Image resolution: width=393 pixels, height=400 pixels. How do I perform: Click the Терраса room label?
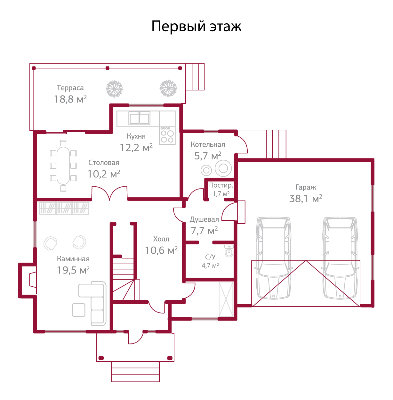70,88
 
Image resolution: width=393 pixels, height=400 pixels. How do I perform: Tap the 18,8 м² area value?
70,99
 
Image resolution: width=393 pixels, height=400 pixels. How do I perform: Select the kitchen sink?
140,119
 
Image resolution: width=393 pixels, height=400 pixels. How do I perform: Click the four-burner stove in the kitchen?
167,135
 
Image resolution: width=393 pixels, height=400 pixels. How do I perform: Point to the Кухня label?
136,136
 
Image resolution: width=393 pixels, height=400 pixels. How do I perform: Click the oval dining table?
63,166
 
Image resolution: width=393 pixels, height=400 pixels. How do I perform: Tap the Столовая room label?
104,163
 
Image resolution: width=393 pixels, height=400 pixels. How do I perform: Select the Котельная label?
208,145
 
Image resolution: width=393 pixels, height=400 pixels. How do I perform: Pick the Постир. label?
221,186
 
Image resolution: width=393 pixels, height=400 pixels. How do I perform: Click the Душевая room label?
204,219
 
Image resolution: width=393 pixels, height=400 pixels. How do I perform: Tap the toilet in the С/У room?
229,251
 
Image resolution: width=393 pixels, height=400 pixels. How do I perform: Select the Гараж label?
306,188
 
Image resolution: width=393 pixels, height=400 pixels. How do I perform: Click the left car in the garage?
274,258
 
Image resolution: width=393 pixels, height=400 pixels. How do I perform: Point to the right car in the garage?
340,258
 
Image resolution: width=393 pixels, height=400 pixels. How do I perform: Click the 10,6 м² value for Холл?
161,250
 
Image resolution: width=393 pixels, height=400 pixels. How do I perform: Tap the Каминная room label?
73,259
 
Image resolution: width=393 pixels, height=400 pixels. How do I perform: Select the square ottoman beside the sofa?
78,310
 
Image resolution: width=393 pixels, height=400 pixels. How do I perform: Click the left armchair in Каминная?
50,243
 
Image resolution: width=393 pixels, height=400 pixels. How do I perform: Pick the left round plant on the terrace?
114,88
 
